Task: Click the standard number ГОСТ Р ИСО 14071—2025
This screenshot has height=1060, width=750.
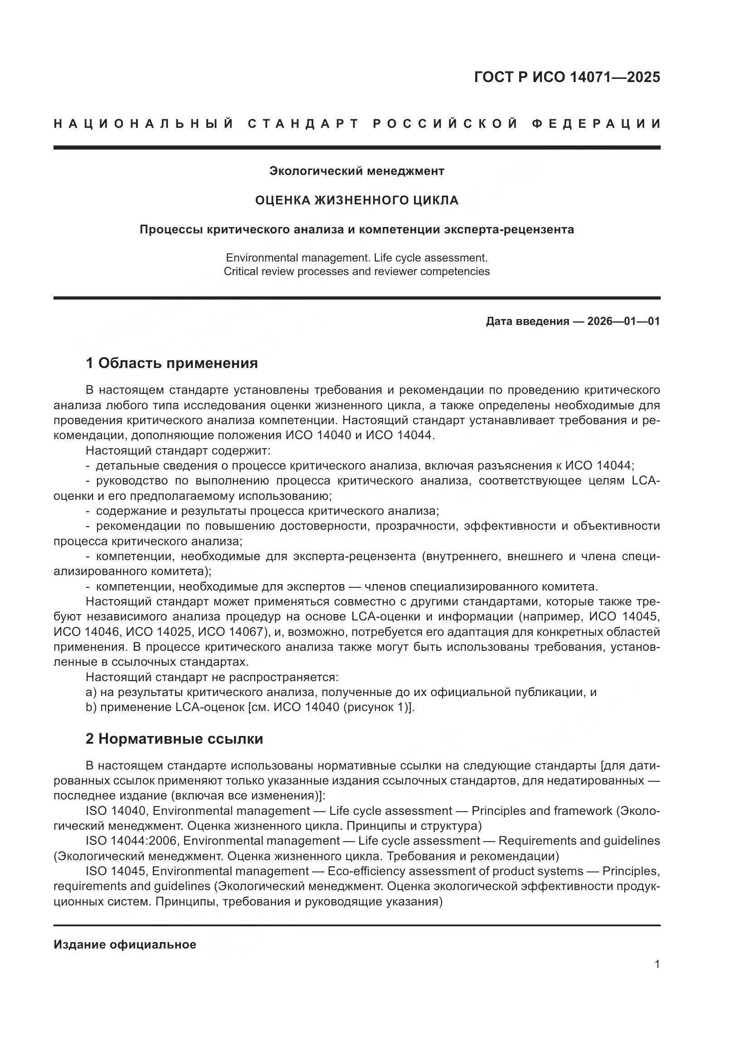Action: pos(567,77)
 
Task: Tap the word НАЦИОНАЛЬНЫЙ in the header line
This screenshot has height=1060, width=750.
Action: pos(144,124)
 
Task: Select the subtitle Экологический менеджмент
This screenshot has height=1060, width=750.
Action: pos(356,171)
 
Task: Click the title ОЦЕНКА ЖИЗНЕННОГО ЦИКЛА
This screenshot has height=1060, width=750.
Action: pos(356,200)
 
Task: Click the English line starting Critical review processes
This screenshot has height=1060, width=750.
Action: pos(356,271)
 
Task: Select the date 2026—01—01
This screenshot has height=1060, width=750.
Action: pos(623,321)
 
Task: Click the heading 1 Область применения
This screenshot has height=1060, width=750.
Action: pos(172,363)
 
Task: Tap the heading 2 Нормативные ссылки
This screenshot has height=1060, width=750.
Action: pos(174,739)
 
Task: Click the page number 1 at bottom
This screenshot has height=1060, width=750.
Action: pos(657,964)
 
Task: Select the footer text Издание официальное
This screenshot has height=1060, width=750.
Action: pos(125,941)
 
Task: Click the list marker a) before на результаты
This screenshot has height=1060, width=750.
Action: pos(91,692)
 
